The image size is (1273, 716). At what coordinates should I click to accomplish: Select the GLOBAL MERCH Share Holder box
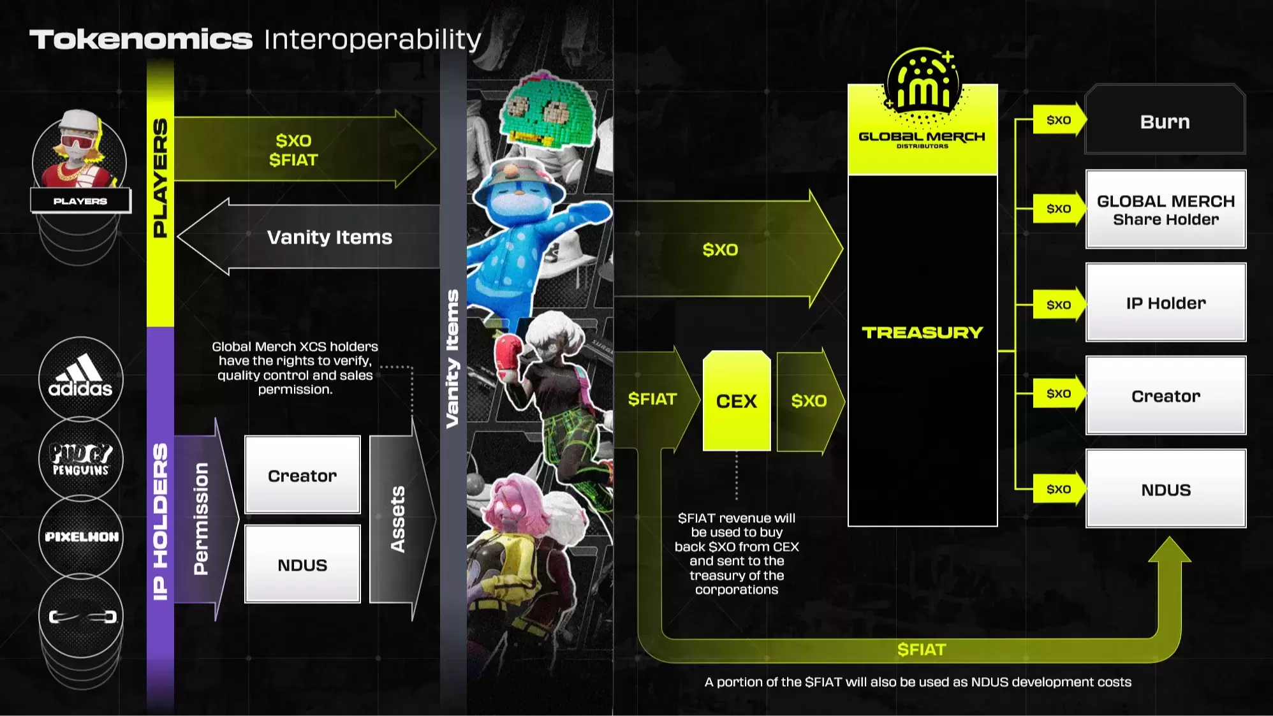point(1166,209)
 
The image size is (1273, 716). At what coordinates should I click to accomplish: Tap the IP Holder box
point(1166,302)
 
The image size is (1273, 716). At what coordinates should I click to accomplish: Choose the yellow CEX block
point(737,400)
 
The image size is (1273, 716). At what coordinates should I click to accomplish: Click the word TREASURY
point(922,332)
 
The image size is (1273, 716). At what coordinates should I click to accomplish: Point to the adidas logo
point(80,378)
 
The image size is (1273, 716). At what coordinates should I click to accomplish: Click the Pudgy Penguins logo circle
point(80,458)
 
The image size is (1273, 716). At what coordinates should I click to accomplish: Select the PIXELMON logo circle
point(80,537)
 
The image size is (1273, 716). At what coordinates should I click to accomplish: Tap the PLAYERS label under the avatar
point(80,201)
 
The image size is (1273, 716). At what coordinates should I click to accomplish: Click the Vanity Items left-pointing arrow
point(309,237)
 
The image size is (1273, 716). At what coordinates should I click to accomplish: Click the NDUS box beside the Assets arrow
point(302,564)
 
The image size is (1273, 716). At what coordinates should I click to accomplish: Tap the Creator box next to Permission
point(302,475)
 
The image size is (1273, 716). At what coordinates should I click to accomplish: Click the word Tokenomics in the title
point(141,40)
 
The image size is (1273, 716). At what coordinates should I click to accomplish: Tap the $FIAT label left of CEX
point(652,399)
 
